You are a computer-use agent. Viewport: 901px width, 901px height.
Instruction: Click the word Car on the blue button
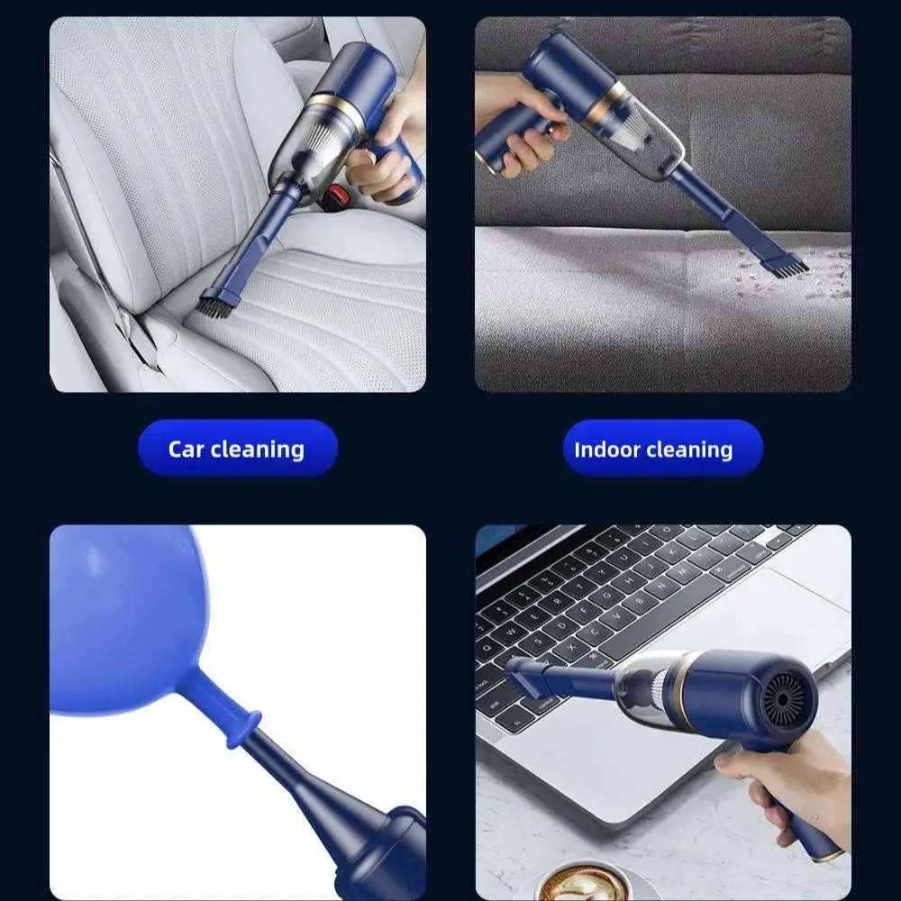(187, 450)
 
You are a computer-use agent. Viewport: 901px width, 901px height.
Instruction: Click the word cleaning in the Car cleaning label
(258, 450)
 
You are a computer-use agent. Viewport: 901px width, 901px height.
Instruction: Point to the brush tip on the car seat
(211, 304)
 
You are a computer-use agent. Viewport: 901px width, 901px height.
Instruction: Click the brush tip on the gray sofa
(787, 267)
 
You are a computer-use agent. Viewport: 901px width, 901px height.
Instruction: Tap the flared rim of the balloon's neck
(244, 730)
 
